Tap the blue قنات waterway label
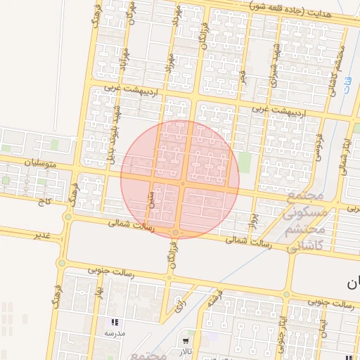(x=347, y=83)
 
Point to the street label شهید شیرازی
(x=274, y=68)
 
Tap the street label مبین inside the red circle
(x=150, y=198)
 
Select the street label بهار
(x=101, y=290)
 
